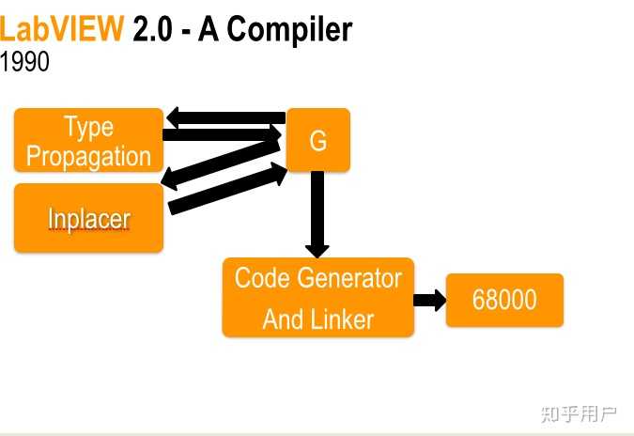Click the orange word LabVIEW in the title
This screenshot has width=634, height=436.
coord(61,29)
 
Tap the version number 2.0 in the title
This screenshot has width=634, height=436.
coord(152,29)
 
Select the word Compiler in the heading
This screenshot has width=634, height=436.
coord(289,30)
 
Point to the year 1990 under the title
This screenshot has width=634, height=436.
coord(24,61)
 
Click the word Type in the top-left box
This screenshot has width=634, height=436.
coord(88,127)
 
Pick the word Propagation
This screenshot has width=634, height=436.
coord(88,157)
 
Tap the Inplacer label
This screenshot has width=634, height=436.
coord(89,219)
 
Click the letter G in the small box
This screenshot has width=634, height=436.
coord(318,141)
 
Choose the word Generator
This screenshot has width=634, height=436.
coord(351,278)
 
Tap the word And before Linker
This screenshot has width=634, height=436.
coord(282,319)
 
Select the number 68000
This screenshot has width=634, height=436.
coord(504,300)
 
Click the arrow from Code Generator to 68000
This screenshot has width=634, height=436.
coord(430,300)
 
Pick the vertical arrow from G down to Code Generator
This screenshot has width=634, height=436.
coord(317,214)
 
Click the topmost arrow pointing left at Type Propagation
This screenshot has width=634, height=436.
coord(226,117)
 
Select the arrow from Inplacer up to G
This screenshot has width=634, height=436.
coord(227,189)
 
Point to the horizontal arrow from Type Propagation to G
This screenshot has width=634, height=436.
coord(222,134)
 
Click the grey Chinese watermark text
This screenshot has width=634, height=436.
coord(579,414)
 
